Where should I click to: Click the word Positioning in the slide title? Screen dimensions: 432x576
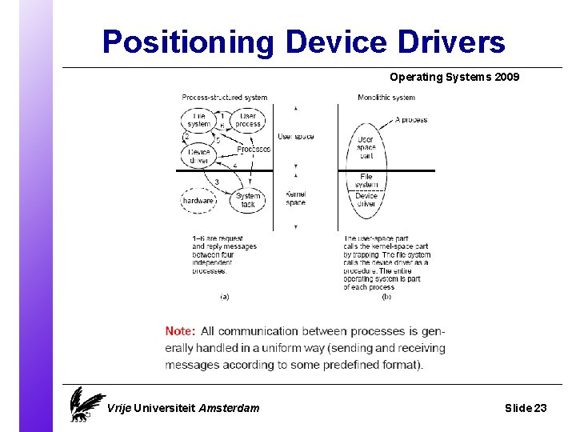coord(189,42)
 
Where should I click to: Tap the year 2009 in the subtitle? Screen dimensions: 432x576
coord(506,78)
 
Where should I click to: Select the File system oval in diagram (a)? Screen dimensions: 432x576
coord(198,120)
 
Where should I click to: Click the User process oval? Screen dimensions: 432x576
coord(248,120)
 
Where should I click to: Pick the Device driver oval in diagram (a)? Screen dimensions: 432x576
coord(198,156)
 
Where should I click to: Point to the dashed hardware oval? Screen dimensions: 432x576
coord(198,201)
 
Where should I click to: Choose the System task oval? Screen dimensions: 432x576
coord(248,200)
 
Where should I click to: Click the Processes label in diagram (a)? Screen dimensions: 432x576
coord(254,150)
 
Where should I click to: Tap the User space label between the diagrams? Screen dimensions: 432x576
coord(295,137)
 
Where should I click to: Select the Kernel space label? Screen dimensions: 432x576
coord(295,198)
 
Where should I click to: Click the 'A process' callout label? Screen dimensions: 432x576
coord(411,120)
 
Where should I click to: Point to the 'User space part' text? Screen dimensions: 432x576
coord(366,148)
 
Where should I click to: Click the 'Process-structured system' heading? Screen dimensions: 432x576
coord(224,98)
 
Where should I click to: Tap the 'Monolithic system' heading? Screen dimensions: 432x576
coord(386,98)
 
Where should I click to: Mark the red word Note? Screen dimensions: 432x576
coord(180,331)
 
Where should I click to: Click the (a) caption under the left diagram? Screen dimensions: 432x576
coord(224,296)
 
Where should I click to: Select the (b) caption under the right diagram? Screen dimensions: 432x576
coord(386,296)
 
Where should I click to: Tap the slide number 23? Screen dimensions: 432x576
coord(540,408)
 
